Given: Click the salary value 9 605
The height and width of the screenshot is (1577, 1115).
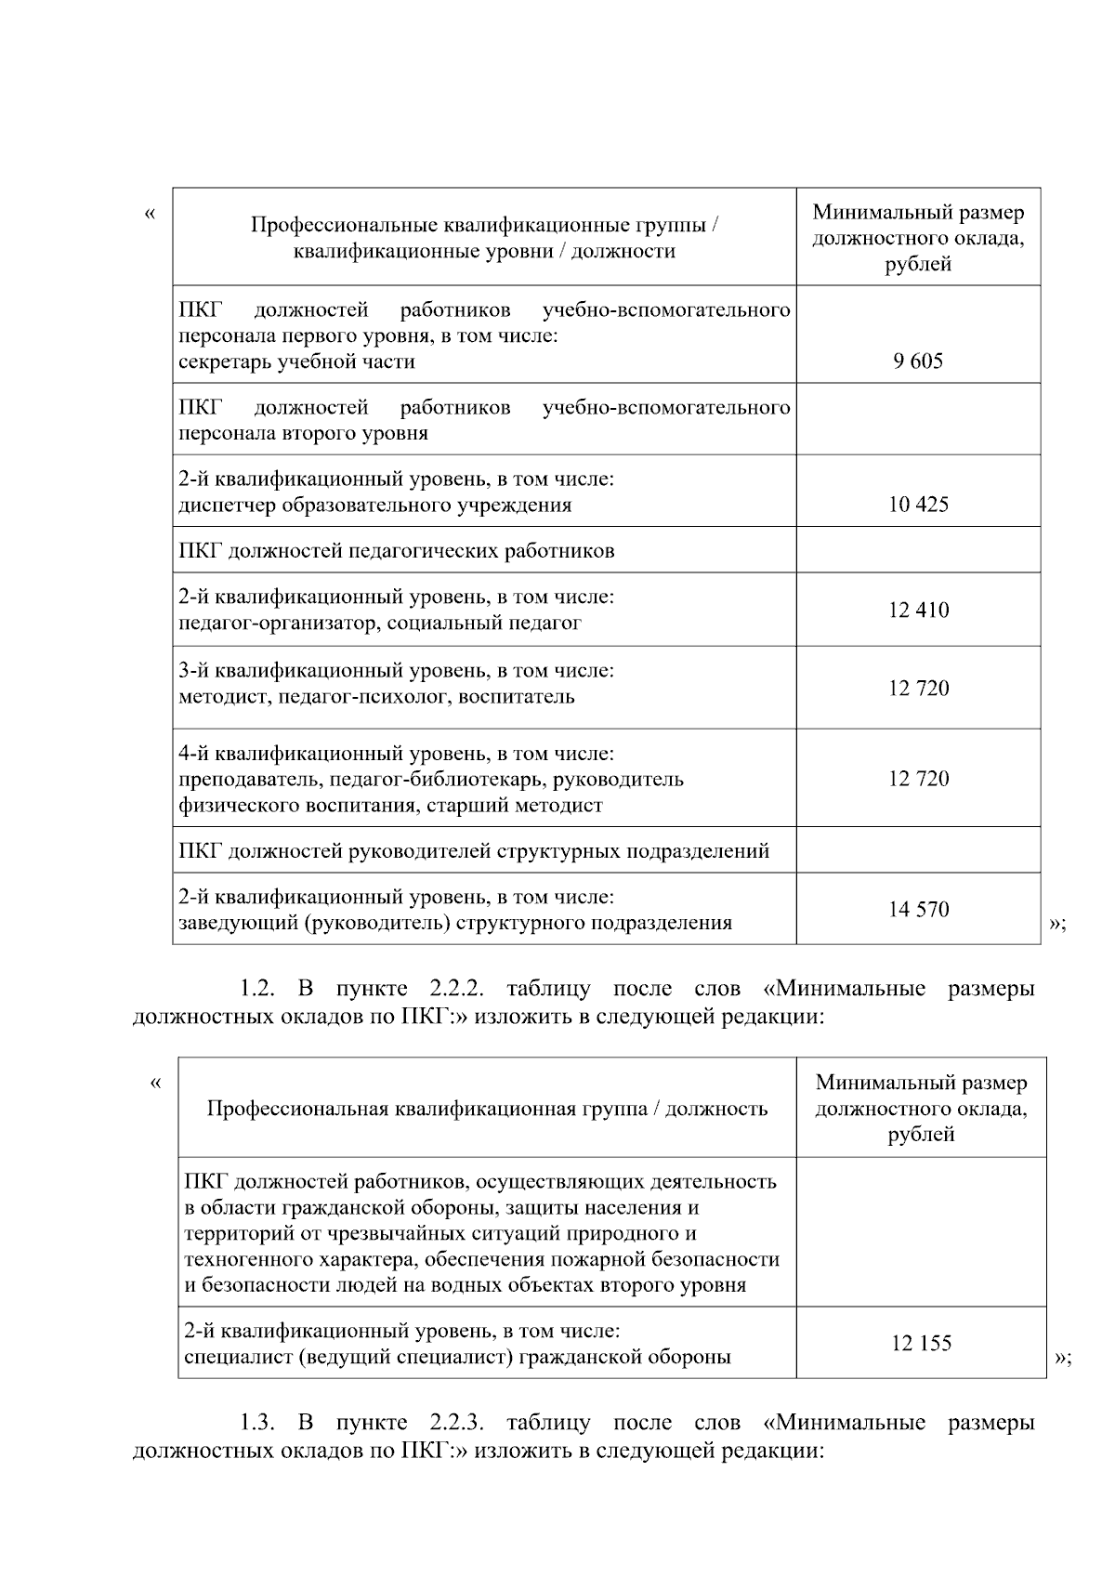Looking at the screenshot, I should (918, 361).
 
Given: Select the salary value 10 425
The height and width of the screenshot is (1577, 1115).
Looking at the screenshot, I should (918, 505).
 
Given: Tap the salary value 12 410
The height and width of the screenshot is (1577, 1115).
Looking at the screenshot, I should (918, 611).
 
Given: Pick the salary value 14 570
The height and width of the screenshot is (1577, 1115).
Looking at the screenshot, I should (918, 910).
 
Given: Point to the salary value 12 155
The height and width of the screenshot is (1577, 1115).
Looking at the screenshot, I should (921, 1344).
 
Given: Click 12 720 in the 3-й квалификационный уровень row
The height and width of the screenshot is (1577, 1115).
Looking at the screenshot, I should (918, 689).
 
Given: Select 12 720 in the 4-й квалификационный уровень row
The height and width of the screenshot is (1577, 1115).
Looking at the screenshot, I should (918, 779).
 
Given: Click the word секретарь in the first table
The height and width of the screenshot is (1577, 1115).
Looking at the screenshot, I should (222, 361).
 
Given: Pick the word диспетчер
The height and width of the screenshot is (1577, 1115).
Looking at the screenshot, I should (224, 506).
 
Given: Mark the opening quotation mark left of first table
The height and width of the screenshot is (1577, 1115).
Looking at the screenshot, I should (150, 215).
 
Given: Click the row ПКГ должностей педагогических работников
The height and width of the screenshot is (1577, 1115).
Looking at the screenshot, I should (397, 551).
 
